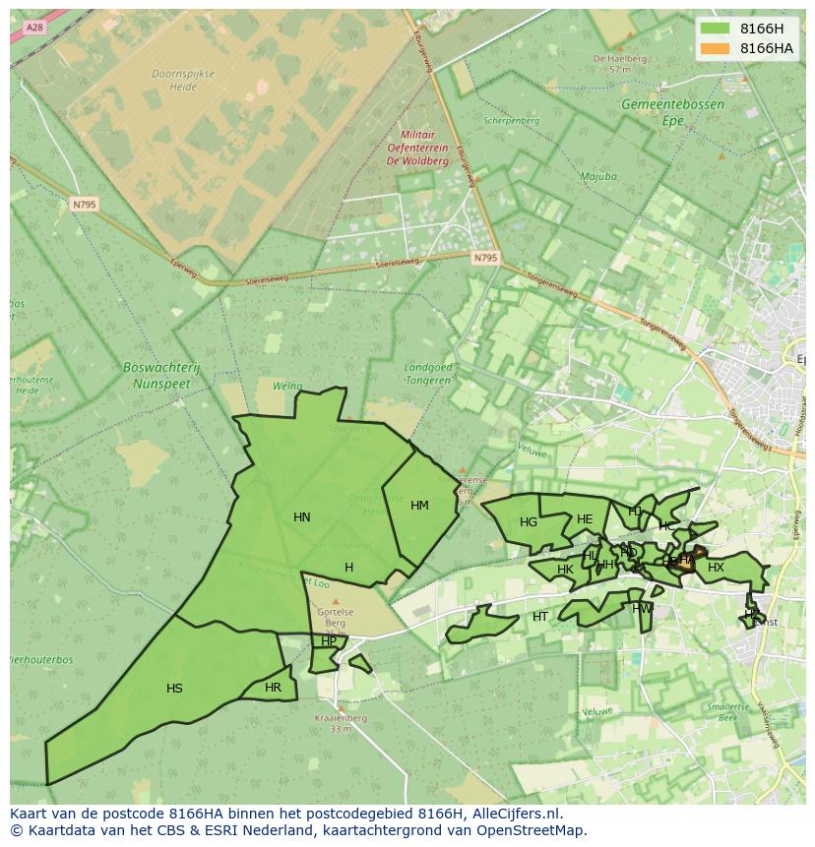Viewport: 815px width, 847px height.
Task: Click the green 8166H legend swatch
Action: coord(716,29)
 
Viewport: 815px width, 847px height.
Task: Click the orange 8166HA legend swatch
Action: coord(716,48)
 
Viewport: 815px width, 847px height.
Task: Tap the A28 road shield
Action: coord(35,28)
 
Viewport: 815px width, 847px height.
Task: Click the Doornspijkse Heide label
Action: coord(175,80)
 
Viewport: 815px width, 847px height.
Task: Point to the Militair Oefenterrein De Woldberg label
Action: coord(417,147)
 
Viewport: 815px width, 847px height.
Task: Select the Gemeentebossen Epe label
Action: coord(672,112)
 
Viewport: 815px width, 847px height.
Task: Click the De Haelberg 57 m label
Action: coord(619,64)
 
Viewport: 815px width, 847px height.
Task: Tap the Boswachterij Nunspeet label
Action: coord(161,375)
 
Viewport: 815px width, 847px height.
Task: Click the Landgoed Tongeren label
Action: coord(427,374)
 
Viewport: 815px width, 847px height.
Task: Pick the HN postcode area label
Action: coord(302,517)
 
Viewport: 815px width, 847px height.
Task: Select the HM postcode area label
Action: coord(419,506)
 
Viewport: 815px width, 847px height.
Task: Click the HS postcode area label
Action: coord(174,689)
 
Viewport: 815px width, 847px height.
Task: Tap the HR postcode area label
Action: coord(273,688)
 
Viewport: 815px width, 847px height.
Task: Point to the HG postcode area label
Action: coord(529,522)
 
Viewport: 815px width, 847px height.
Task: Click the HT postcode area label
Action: coord(540,617)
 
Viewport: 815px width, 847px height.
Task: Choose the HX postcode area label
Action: coord(716,568)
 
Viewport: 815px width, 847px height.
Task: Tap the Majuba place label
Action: coord(598,177)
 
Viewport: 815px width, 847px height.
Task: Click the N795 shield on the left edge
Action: coord(84,205)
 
